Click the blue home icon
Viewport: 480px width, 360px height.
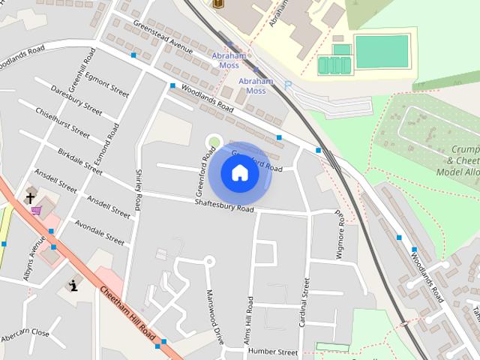(240, 173)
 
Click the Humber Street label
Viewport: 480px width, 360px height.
(273, 351)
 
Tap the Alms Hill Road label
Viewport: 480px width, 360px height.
(247, 320)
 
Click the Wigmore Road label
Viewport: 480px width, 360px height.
(340, 235)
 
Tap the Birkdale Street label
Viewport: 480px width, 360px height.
(79, 160)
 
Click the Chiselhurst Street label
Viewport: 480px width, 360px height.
(62, 122)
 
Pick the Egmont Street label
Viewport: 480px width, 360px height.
(106, 85)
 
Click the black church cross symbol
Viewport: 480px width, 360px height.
(31, 198)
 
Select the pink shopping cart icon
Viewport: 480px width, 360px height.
(36, 211)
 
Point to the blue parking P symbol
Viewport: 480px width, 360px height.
(287, 86)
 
